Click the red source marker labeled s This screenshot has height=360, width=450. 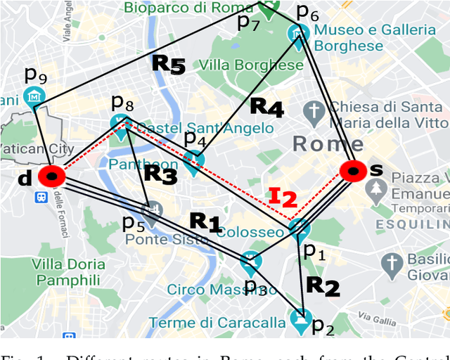tap(352, 171)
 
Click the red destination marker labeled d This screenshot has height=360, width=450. tap(51, 176)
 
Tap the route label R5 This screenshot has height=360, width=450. tap(169, 65)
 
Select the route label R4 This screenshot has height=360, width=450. tap(267, 108)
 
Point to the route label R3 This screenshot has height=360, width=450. tap(160, 174)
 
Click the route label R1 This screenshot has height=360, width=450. tap(206, 223)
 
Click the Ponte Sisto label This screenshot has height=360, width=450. tap(167, 239)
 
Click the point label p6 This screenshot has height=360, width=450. tap(307, 12)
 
